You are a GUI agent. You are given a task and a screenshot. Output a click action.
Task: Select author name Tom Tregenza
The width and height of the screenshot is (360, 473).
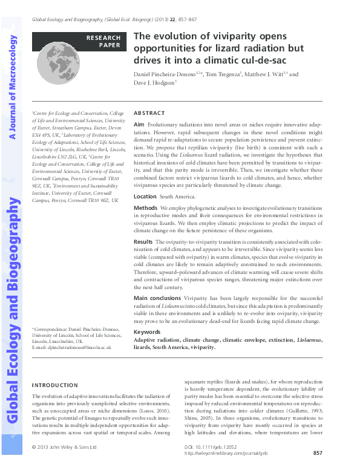pos(221,74)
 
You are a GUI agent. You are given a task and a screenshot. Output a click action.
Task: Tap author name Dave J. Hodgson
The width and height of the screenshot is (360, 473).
pos(152,82)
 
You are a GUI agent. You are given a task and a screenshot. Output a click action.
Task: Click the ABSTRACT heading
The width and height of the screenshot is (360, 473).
pos(148,113)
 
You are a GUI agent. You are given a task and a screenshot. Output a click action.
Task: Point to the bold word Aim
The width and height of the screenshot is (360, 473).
pos(139,123)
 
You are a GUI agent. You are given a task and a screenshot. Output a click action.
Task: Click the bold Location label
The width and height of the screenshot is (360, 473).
pos(145,197)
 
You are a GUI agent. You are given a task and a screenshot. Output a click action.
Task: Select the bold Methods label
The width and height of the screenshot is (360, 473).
pos(145,207)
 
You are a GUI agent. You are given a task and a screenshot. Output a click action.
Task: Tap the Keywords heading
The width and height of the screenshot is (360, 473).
pos(146,332)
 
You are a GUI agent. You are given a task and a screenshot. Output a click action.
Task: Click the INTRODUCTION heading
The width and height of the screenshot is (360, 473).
pos(54,385)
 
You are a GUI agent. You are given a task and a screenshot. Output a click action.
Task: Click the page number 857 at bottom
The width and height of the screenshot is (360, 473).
pos(318,453)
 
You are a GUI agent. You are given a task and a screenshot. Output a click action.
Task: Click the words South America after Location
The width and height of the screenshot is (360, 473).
pos(177,197)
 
